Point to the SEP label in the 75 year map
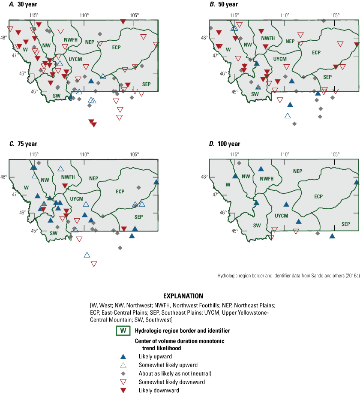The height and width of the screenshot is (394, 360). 138,217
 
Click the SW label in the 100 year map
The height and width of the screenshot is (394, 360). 257,225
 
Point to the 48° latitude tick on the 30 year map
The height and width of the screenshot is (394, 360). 5,37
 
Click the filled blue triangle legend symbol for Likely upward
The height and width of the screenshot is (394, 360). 123,357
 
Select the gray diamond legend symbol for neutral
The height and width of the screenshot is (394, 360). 123,373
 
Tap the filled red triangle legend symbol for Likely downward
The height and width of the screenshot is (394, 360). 123,390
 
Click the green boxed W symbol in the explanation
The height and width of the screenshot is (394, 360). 123,331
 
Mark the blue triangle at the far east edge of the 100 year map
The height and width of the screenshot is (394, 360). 357,182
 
